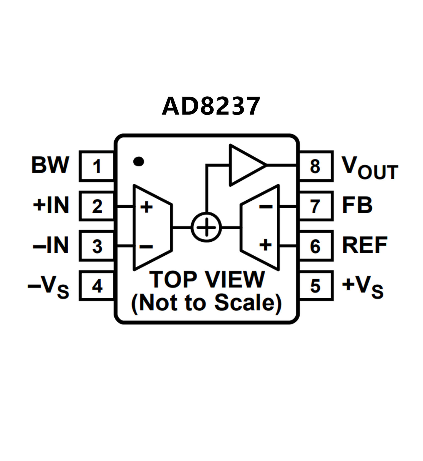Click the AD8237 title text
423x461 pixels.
[211, 106]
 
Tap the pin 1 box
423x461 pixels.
[96, 166]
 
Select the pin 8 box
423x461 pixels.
[316, 166]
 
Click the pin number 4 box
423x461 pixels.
[96, 286]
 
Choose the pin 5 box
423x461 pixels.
[316, 286]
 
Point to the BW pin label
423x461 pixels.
[50, 165]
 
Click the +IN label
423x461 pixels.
[51, 205]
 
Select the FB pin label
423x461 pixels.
[357, 205]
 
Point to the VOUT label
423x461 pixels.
[370, 167]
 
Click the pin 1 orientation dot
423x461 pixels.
[138, 161]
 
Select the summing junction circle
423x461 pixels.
[206, 228]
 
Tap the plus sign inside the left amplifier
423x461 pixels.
[146, 207]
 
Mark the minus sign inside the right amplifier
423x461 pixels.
[266, 206]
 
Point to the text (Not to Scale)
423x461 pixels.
[207, 303]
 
